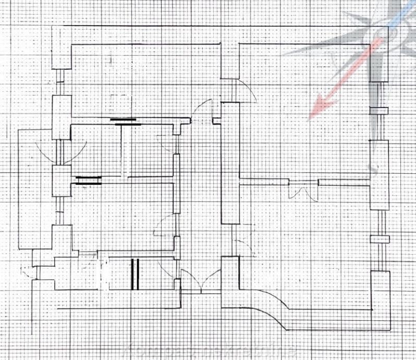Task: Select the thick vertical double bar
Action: point(135,274)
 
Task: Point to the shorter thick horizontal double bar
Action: point(88,181)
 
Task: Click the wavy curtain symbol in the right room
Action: point(303,192)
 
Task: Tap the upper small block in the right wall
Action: point(379,111)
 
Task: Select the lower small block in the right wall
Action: point(380,239)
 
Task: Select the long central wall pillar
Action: point(229,162)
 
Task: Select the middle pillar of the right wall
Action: point(379,175)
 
